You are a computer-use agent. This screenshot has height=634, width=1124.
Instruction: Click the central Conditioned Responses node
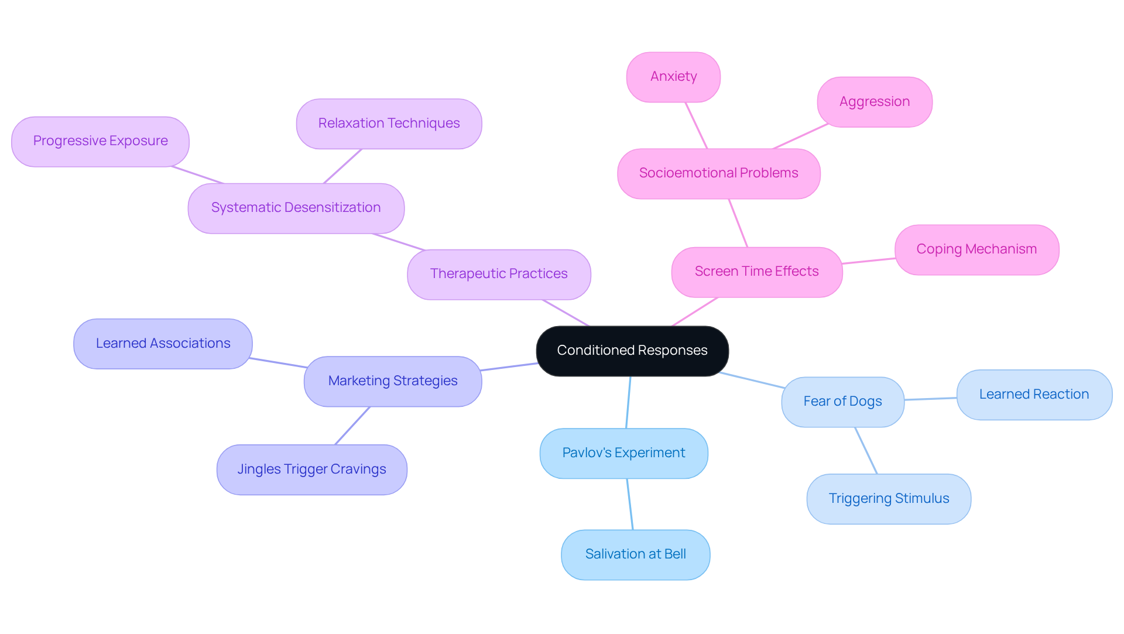tap(632, 351)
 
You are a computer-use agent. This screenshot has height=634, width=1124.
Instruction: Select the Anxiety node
tap(673, 77)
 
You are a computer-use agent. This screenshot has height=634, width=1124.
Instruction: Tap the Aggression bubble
tap(874, 102)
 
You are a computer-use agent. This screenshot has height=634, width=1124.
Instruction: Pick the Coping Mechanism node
tap(976, 249)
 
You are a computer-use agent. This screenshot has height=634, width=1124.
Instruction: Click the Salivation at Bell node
tap(635, 554)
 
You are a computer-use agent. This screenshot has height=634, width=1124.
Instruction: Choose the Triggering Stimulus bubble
tap(889, 499)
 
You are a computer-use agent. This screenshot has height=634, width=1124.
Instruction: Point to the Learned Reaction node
tap(1034, 395)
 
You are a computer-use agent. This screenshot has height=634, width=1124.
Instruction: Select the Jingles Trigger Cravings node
tap(311, 469)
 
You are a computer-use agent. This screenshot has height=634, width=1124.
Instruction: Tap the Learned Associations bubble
tap(163, 344)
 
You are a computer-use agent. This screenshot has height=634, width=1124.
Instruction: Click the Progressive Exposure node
tap(100, 141)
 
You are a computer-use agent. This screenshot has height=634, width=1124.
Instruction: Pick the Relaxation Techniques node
tap(389, 124)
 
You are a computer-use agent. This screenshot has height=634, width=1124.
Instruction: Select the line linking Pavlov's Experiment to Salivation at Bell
tap(630, 504)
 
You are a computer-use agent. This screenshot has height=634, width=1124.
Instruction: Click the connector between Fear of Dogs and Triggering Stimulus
tap(866, 450)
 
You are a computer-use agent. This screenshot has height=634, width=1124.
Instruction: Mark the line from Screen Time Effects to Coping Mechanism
tap(869, 261)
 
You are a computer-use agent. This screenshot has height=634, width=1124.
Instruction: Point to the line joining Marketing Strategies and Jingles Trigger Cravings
tap(352, 426)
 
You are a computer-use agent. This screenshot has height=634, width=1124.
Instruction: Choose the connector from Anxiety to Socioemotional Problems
tap(697, 125)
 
